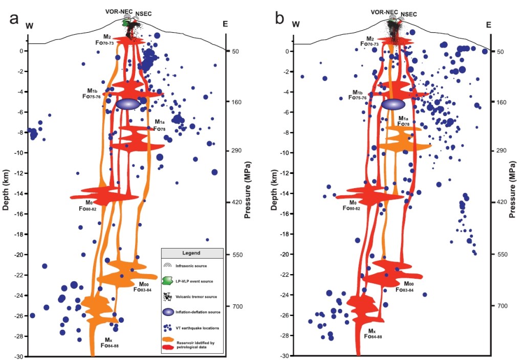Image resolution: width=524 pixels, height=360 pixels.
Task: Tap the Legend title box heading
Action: click(x=192, y=253)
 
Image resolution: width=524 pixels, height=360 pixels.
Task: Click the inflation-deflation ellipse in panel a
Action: click(x=128, y=104)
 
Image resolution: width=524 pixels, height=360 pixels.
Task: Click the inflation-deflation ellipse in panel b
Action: click(x=394, y=104)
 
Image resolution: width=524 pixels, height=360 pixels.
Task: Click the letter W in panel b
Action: click(x=295, y=24)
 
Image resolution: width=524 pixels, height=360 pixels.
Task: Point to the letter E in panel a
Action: click(x=226, y=24)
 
